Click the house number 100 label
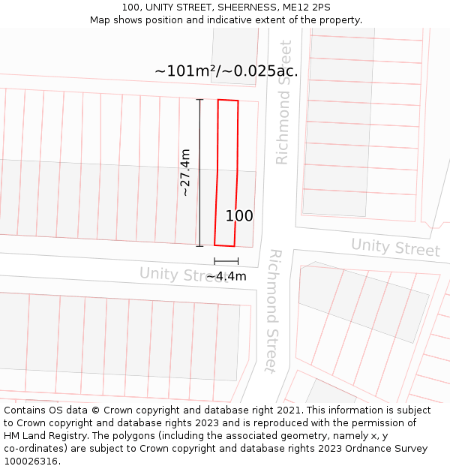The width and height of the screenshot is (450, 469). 239,216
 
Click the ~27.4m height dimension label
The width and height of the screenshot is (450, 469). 185,173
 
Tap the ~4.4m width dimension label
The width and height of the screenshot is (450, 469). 226,276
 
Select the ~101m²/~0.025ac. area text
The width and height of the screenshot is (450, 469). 226,71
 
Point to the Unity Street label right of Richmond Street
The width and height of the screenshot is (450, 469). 395,247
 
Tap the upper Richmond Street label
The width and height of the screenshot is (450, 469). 283,103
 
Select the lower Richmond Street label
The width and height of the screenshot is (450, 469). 273,311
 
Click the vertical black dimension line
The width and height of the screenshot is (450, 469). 199,173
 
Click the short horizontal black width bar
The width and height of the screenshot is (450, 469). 226,261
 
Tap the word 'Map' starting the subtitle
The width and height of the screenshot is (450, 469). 100,20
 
